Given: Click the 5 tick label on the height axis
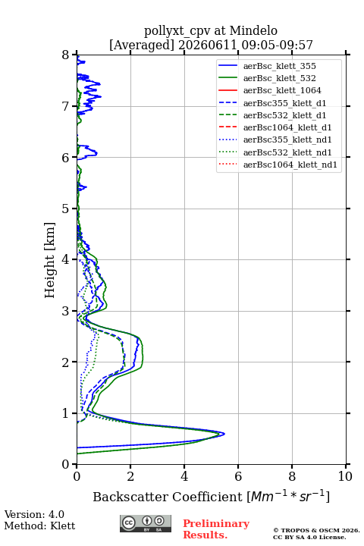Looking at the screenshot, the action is point(65,209).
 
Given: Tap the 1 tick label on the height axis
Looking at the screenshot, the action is point(65,413).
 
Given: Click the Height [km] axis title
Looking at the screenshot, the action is point(50,260).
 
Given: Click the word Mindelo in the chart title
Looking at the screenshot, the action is point(253,31).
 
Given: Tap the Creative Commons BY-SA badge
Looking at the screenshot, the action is point(146,523).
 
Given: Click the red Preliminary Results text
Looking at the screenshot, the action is point(216,529).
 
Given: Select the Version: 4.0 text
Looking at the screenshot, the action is point(34,514).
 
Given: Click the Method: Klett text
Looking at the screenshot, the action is point(39,526).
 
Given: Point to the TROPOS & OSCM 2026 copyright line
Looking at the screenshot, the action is point(316,530).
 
